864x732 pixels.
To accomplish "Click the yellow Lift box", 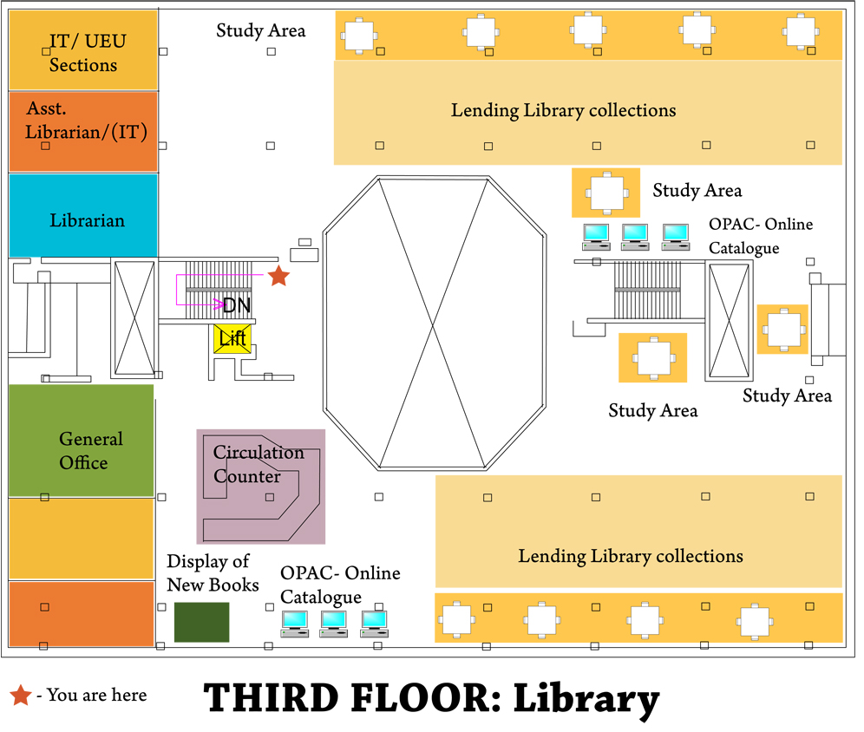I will (232, 338).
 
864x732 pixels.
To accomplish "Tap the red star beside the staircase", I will (278, 277).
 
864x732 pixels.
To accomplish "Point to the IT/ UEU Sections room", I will (83, 52).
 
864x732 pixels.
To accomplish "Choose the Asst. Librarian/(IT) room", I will (83, 130).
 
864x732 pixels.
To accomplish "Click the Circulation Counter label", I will (259, 465).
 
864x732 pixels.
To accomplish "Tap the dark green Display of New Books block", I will (202, 622).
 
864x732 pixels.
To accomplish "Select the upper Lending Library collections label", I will (563, 111).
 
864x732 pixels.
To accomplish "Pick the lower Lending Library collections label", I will (631, 556).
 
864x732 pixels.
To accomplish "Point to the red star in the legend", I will (20, 695).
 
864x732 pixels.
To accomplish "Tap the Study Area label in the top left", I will (261, 31).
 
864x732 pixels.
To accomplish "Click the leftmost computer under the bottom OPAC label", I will (294, 621).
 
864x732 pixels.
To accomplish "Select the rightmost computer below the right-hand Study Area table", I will (675, 235).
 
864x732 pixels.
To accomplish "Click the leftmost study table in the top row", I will (357, 34).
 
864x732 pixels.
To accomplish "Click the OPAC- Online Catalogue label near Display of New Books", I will (340, 585).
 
